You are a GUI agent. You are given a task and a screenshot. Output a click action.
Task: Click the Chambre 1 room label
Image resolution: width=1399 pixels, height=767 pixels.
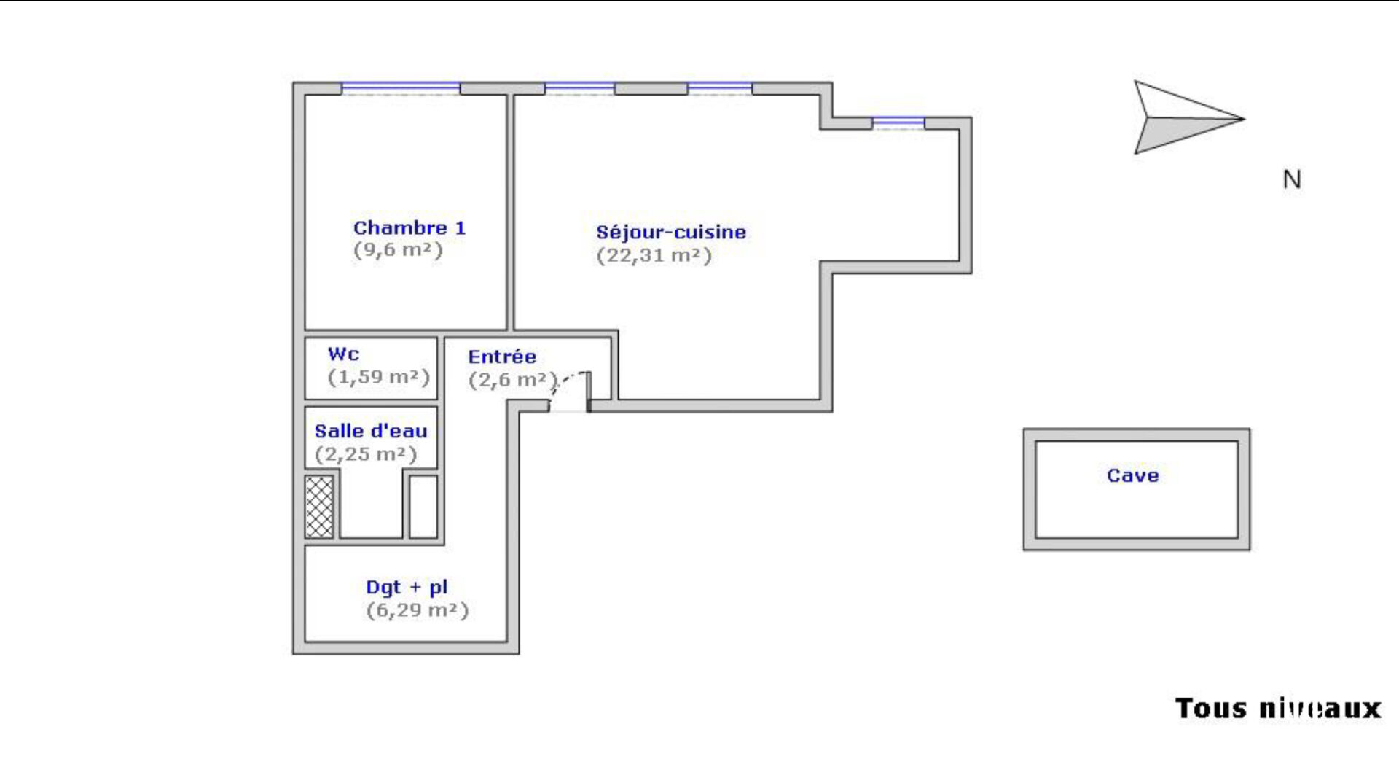click(x=409, y=227)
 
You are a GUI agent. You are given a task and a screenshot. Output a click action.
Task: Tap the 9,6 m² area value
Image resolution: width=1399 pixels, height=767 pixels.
click(x=398, y=250)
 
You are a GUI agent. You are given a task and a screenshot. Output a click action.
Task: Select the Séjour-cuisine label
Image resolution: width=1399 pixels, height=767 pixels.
click(x=671, y=233)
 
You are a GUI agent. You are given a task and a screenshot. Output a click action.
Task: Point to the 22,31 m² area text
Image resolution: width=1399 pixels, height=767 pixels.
click(x=654, y=256)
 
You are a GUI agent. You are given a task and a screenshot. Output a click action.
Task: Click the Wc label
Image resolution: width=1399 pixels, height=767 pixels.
click(x=343, y=354)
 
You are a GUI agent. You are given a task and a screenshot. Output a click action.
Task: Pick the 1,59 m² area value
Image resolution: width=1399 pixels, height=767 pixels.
click(x=378, y=377)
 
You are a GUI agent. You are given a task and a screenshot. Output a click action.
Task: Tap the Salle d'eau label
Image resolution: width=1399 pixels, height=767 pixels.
click(x=371, y=431)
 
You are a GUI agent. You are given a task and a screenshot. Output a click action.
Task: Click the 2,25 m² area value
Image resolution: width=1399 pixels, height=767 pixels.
click(x=366, y=454)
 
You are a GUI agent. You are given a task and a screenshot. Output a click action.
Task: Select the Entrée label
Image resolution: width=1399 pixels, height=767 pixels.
click(x=502, y=357)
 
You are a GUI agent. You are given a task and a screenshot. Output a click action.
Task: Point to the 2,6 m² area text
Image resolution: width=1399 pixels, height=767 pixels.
click(x=513, y=380)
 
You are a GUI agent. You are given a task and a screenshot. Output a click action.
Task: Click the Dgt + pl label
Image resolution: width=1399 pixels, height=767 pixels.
click(x=407, y=588)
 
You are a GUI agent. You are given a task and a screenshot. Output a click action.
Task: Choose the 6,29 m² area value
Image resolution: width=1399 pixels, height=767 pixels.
click(x=417, y=610)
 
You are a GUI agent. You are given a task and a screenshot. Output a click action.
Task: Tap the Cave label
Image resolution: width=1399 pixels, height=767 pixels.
click(x=1132, y=475)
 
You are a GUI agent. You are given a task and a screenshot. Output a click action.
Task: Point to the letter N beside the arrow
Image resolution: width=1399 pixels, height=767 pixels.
click(x=1292, y=179)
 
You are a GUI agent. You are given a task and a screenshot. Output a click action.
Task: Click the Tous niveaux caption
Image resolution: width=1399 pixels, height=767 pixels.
click(x=1278, y=709)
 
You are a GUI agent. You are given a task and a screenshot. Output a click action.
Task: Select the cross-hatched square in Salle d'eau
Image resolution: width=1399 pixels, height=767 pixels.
click(x=319, y=507)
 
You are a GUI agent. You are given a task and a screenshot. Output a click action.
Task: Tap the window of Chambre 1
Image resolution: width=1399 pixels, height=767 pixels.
click(x=401, y=88)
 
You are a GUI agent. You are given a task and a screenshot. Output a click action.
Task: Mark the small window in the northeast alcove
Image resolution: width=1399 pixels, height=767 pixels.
click(x=898, y=123)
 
